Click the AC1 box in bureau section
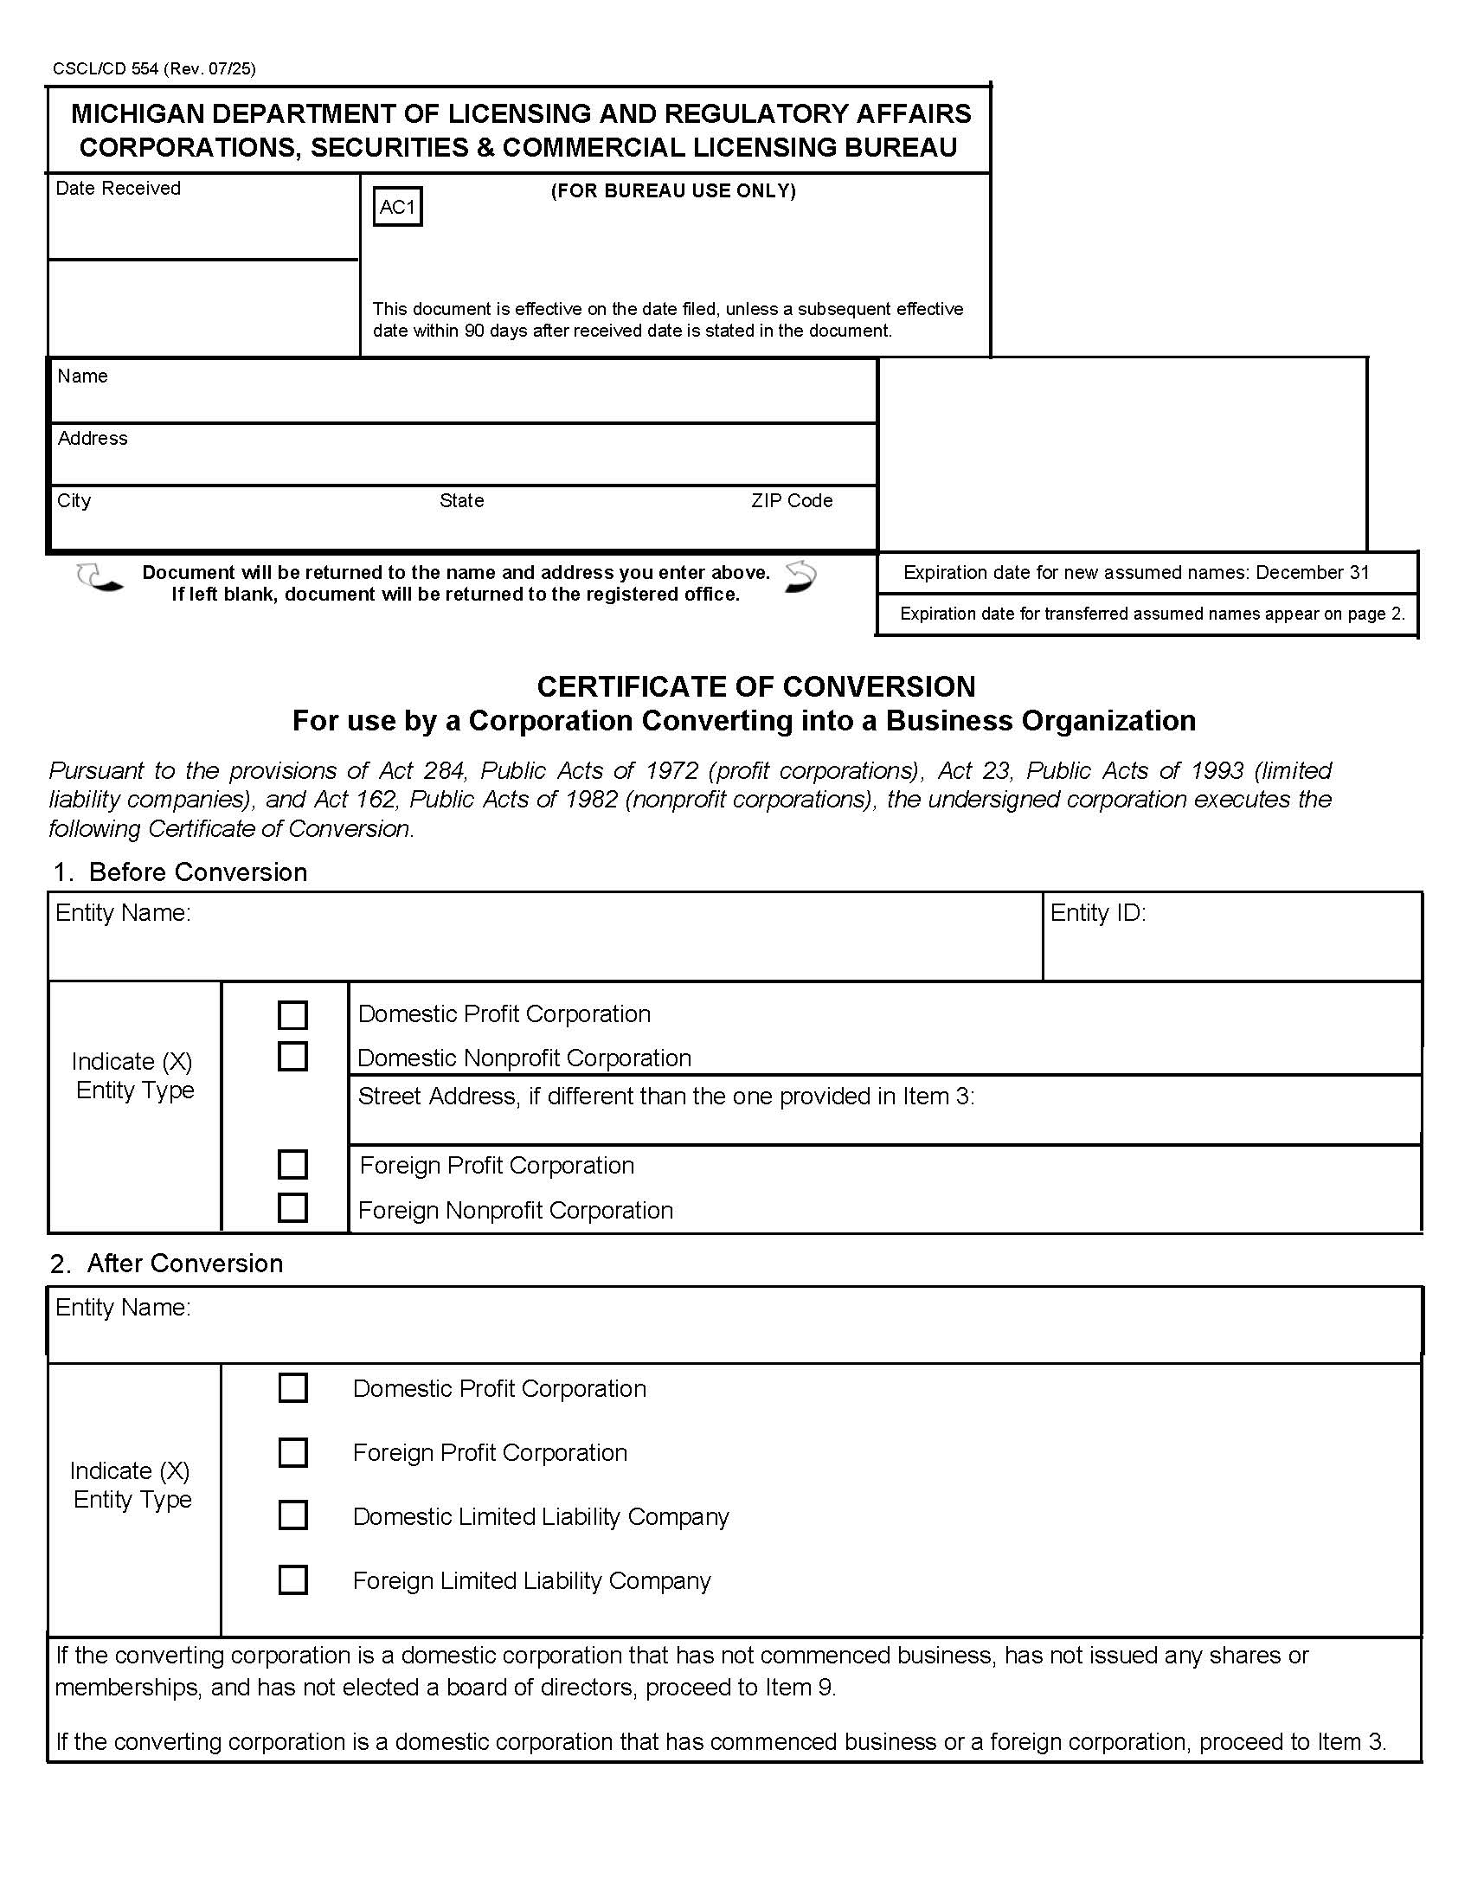pos(397,207)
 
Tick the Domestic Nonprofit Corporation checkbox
pos(292,1056)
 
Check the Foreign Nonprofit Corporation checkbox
pos(292,1207)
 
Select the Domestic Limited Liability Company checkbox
pos(292,1515)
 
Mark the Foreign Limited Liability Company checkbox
pos(292,1579)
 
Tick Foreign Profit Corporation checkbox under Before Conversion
pos(292,1164)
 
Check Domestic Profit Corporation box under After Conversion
pos(292,1388)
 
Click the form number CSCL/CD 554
pos(106,69)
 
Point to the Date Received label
pos(118,189)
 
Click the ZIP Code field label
pos(791,500)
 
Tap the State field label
pos(461,500)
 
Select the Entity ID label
pos(1097,913)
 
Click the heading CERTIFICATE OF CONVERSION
pos(755,687)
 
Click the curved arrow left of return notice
pos(100,579)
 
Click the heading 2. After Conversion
pos(166,1264)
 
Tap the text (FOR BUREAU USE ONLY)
pos(672,191)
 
